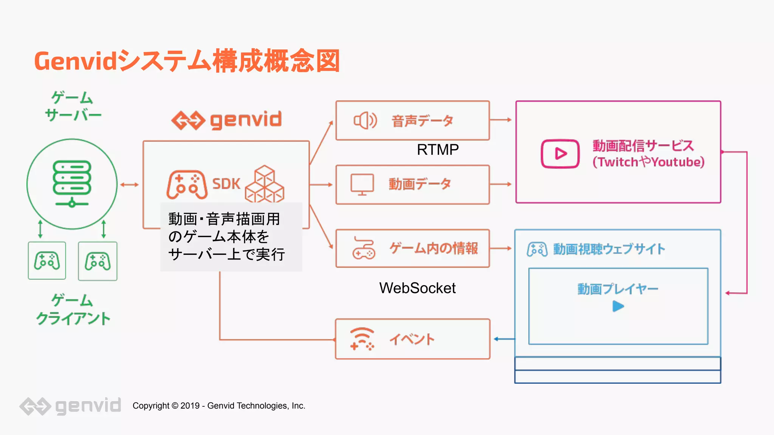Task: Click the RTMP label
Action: [x=438, y=150]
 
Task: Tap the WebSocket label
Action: [x=417, y=288]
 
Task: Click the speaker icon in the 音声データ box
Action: [x=365, y=121]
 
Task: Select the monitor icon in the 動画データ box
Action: [x=362, y=184]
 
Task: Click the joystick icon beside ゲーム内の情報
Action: [x=363, y=248]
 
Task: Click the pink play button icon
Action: [x=560, y=154]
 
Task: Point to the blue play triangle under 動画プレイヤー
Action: [x=618, y=306]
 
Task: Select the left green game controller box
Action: [x=47, y=261]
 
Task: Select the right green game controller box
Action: [x=98, y=261]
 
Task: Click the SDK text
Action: [x=226, y=184]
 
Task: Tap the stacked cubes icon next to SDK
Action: [x=265, y=184]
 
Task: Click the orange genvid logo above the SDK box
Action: [x=227, y=120]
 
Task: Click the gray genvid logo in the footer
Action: [x=70, y=406]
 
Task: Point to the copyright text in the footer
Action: [x=219, y=406]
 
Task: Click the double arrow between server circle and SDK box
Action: [x=130, y=185]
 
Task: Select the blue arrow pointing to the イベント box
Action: [x=504, y=339]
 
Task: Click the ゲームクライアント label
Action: [x=73, y=310]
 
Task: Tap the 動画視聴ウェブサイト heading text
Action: [x=609, y=249]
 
